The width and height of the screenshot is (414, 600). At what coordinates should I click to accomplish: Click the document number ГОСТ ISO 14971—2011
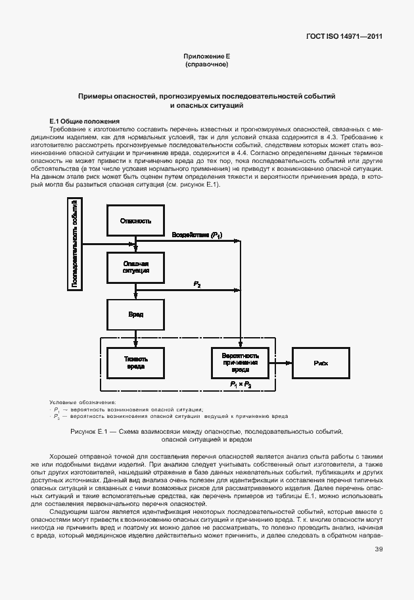click(344, 36)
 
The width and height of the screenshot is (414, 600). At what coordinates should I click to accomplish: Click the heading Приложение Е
click(206, 57)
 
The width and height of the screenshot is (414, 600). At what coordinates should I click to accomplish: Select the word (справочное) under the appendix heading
click(206, 65)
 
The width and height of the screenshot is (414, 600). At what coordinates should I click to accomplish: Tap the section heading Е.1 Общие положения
click(85, 122)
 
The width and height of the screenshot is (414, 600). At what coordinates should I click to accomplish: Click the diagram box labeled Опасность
click(135, 221)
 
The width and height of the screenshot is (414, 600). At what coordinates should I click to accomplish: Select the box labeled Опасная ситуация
click(135, 267)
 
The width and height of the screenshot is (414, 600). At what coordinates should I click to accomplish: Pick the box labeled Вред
click(135, 315)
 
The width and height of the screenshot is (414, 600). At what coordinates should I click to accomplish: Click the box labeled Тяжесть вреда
click(135, 362)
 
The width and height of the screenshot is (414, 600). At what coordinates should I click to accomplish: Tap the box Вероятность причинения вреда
click(240, 362)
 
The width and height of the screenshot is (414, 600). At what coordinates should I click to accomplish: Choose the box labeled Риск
click(321, 362)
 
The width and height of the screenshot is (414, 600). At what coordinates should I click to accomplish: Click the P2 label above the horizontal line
click(197, 283)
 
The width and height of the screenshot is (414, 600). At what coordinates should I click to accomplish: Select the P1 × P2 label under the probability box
click(240, 383)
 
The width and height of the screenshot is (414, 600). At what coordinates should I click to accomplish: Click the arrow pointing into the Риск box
click(281, 362)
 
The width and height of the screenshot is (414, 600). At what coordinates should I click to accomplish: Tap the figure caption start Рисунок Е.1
click(92, 432)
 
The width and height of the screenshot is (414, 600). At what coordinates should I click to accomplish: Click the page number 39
click(379, 549)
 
